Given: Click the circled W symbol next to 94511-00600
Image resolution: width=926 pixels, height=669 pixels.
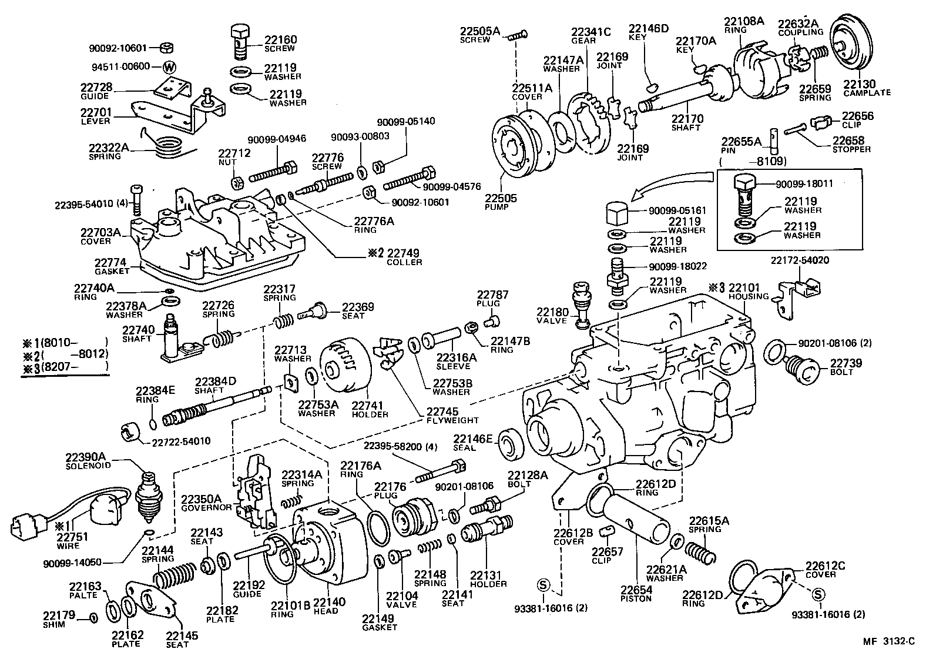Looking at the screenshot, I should [169, 66].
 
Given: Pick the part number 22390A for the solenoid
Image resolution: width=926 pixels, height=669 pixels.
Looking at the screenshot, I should [86, 457].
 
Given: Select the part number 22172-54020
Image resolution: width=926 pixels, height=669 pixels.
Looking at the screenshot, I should [800, 260].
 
